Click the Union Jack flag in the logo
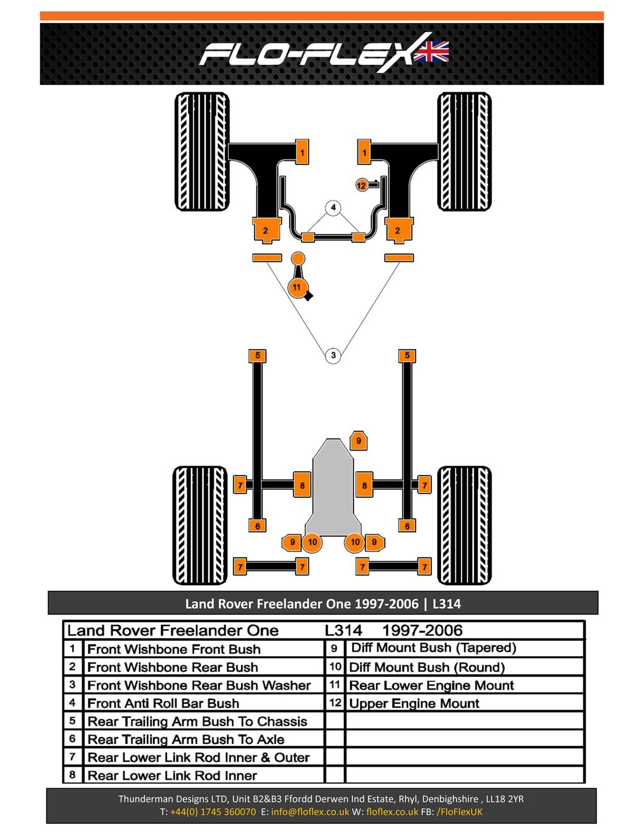point(431,52)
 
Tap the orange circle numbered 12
point(362,185)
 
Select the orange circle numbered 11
point(296,287)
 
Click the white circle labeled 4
point(333,208)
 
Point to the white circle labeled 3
point(333,356)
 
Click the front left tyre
point(202,152)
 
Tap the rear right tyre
point(464,525)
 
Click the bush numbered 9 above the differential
point(358,441)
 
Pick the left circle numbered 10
point(312,542)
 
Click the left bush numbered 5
point(257,356)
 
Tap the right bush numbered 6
point(407,526)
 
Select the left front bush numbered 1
point(302,152)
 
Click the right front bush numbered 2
point(398,230)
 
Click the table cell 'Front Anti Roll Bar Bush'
point(163,703)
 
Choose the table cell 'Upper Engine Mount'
point(414,703)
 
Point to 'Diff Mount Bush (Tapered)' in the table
point(434,648)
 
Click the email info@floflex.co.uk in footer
point(310,812)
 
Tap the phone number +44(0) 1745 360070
point(213,812)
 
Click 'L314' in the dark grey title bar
point(447,604)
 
